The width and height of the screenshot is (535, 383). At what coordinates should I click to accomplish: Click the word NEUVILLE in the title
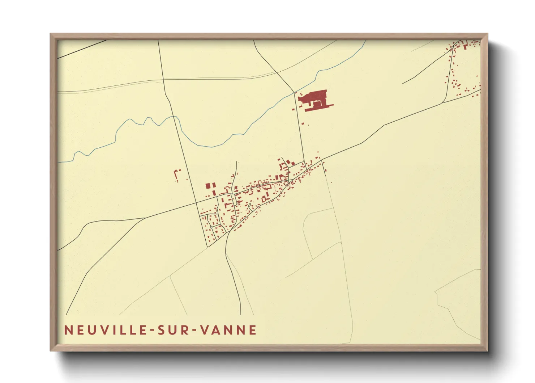click(x=106, y=330)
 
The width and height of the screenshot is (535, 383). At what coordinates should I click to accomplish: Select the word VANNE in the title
click(x=229, y=330)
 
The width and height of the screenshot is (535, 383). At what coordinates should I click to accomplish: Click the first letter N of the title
click(x=68, y=330)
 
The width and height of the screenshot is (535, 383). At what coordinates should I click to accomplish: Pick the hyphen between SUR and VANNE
click(x=194, y=331)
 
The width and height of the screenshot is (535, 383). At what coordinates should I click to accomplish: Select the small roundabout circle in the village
click(x=211, y=227)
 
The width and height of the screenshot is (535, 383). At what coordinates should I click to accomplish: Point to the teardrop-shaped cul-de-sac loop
click(x=249, y=206)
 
